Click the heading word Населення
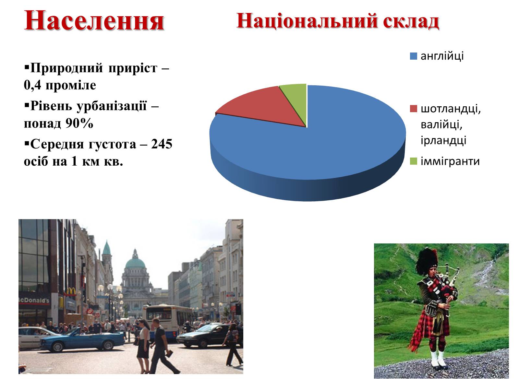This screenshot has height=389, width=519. (94, 21)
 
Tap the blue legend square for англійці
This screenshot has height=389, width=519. (413, 56)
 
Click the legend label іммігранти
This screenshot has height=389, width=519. (450, 161)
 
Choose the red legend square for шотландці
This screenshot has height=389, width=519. (413, 109)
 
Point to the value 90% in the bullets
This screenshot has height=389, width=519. (79, 123)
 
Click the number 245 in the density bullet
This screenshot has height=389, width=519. (162, 144)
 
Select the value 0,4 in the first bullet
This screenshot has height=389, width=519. (32, 85)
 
